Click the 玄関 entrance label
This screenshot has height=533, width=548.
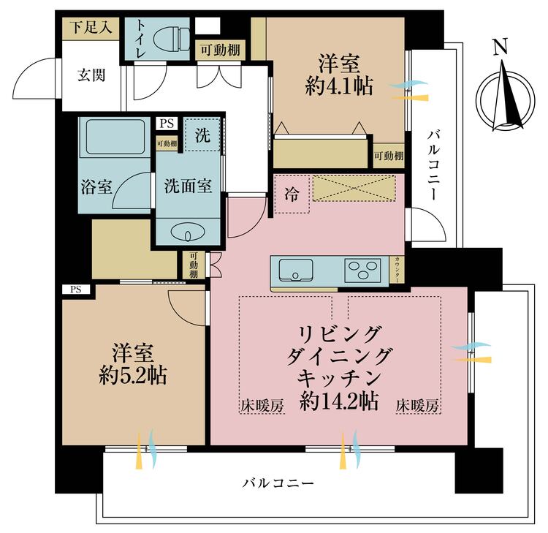(91, 75)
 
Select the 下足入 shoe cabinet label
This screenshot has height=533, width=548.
(91, 27)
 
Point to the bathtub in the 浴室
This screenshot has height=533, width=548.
(115, 137)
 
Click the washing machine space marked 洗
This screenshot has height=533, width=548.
(202, 135)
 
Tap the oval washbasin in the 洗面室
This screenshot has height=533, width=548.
(188, 233)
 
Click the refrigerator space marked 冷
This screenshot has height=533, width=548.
(292, 194)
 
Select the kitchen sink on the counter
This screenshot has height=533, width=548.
(296, 270)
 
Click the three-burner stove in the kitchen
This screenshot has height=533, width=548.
(362, 271)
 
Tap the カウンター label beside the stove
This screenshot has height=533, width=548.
(397, 270)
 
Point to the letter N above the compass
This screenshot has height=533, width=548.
(500, 47)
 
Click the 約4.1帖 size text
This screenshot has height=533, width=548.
(339, 86)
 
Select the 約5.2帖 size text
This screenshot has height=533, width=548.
(133, 376)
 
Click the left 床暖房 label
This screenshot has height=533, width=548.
(262, 406)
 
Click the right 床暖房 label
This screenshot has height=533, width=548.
(417, 406)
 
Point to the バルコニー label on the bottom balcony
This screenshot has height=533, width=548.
(278, 484)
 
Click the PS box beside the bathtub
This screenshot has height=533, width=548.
(167, 124)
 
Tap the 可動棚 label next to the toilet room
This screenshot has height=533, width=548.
(220, 50)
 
